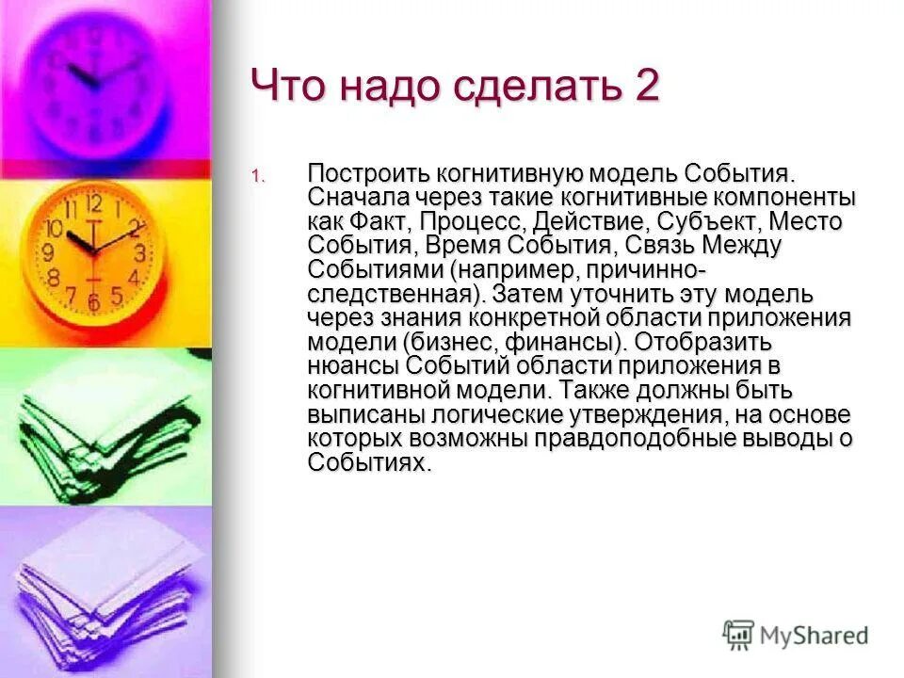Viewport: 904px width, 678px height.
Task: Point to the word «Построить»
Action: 367,176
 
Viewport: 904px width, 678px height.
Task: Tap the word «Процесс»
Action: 473,223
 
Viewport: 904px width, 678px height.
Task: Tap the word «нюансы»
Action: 354,365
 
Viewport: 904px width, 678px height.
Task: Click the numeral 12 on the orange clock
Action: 92,204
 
